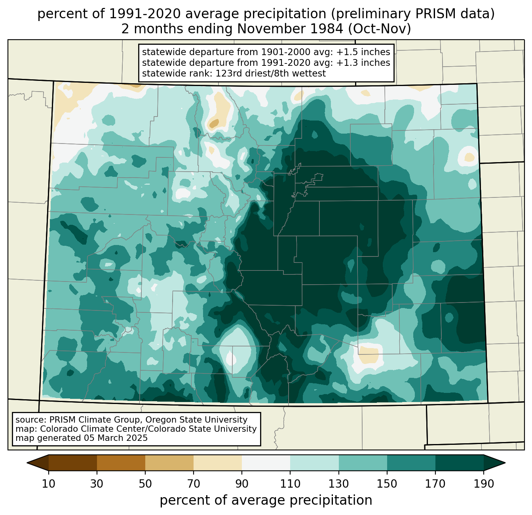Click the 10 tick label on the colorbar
coord(48,484)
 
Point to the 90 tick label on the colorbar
coord(242,484)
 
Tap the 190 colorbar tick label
coord(484,484)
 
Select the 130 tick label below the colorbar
coord(338,484)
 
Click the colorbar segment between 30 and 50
coord(121,463)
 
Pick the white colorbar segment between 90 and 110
coord(266,463)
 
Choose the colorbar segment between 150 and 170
coord(411,463)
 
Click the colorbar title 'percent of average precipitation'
coord(266,500)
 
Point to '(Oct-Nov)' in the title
coord(380,29)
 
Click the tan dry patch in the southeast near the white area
coord(369,354)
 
